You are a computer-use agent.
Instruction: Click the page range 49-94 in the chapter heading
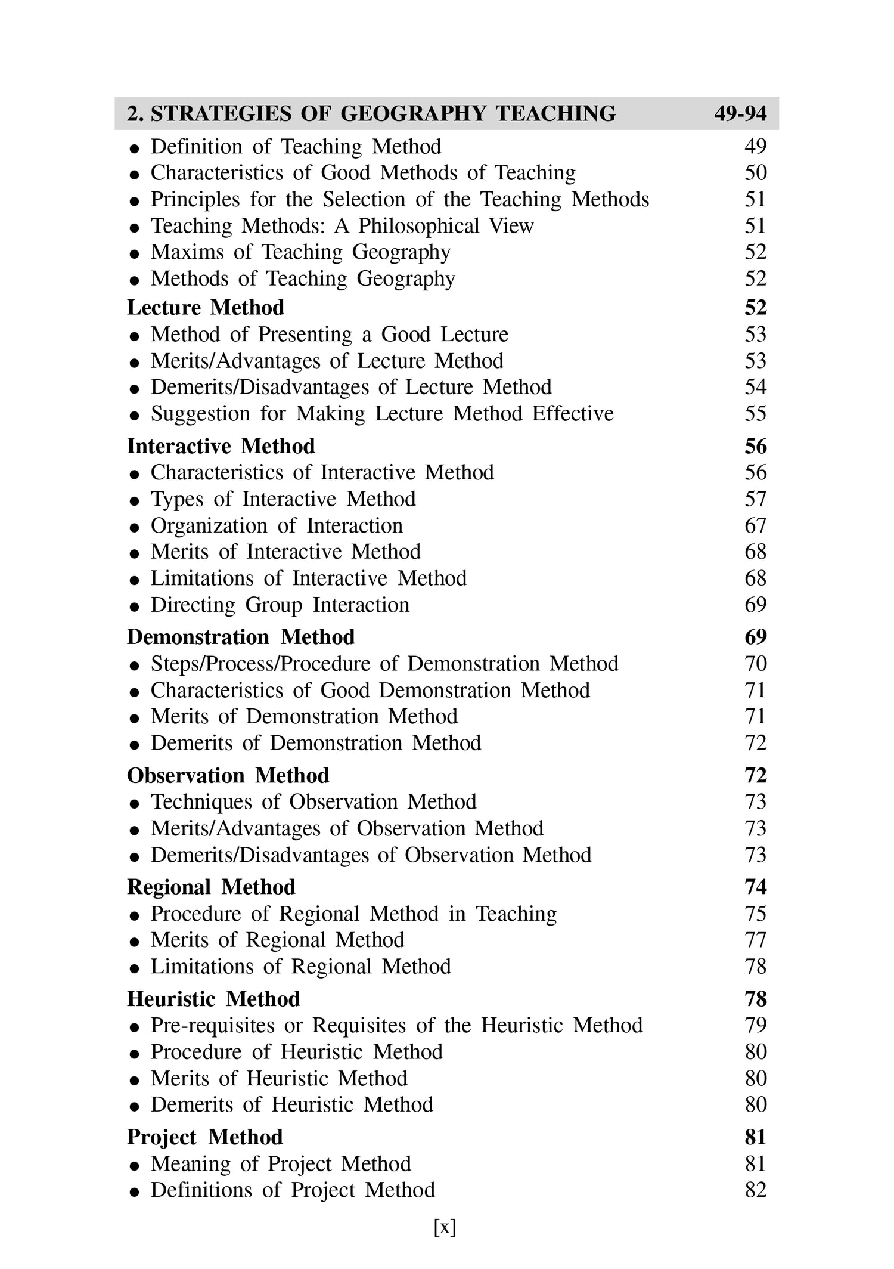click(x=740, y=113)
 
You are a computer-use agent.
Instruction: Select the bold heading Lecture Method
click(x=206, y=308)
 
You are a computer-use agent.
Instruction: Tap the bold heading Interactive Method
click(x=221, y=446)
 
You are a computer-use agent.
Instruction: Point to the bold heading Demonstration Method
click(x=241, y=637)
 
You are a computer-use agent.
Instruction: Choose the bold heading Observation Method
click(x=228, y=775)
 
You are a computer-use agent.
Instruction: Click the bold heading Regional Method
click(x=211, y=887)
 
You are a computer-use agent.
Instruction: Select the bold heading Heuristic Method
click(x=213, y=999)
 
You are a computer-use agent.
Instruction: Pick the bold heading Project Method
click(x=204, y=1137)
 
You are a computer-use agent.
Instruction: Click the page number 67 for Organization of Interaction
click(x=755, y=525)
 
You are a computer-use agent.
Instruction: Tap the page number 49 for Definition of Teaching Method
click(x=755, y=147)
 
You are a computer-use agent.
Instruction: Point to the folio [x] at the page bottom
click(x=445, y=1227)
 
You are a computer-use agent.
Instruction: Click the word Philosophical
click(x=418, y=226)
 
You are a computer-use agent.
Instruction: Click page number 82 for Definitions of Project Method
click(x=755, y=1190)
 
